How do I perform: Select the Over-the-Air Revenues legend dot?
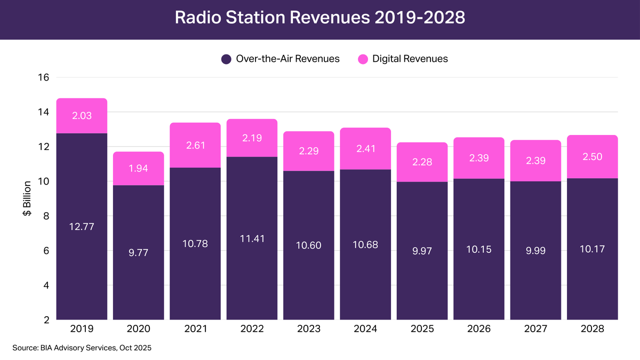(226, 59)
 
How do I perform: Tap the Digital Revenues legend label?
(410, 59)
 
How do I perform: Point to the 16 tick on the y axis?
(44, 77)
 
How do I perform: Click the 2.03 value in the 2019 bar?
(82, 116)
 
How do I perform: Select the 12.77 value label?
(82, 227)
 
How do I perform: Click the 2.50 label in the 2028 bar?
(592, 157)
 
